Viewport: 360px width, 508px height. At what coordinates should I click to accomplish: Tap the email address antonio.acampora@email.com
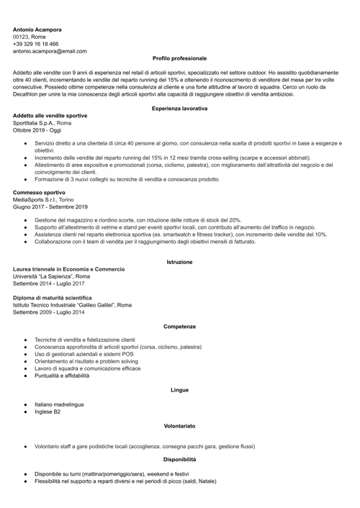point(50,51)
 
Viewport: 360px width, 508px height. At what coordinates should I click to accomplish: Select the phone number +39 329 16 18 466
point(36,44)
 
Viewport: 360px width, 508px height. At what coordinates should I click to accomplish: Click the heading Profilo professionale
point(179,58)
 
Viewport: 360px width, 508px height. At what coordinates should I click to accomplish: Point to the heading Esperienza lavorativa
point(179,108)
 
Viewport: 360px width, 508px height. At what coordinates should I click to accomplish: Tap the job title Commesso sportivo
point(39,193)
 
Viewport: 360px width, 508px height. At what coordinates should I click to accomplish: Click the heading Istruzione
point(179,262)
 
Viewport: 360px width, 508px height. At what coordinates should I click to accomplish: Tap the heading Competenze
point(179,327)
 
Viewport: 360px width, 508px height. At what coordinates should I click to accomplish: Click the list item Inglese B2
point(48,412)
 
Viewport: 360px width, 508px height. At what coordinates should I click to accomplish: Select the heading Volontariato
point(179,427)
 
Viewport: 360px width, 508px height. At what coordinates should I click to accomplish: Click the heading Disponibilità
point(179,458)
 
